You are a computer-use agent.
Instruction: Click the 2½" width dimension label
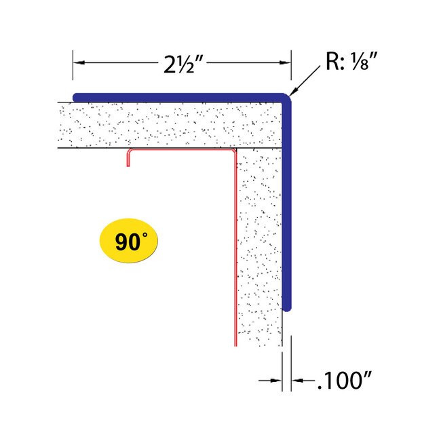(x=183, y=64)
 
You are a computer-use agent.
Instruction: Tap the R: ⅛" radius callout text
(x=351, y=61)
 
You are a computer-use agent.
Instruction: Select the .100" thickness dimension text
(x=345, y=381)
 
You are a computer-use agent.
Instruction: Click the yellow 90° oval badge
(x=129, y=241)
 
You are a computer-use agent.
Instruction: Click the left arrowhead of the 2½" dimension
(x=79, y=62)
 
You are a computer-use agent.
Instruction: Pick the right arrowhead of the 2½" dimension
(x=285, y=62)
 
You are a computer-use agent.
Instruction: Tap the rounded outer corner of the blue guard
(x=288, y=97)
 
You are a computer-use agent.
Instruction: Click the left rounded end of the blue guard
(x=75, y=97)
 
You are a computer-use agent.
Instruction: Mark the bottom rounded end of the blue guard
(x=287, y=308)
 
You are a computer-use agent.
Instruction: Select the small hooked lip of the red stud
(x=128, y=158)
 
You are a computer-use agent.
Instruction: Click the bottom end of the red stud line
(x=235, y=345)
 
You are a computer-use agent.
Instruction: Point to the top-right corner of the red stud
(x=235, y=151)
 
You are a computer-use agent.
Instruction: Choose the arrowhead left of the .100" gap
(x=276, y=381)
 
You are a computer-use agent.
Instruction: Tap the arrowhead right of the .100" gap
(x=297, y=381)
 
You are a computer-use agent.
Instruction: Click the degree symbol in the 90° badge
(x=145, y=235)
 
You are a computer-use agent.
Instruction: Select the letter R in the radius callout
(x=332, y=61)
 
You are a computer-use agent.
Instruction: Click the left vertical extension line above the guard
(x=73, y=65)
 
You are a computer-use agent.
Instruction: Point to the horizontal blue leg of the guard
(x=180, y=97)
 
